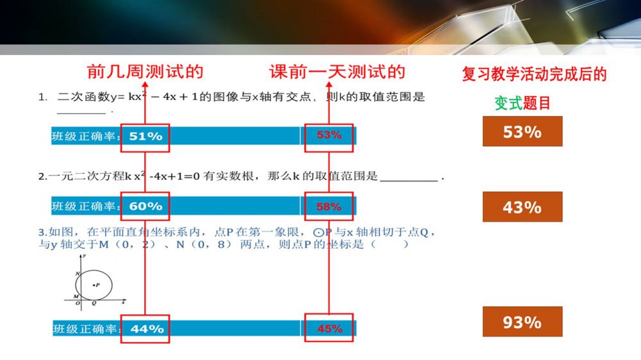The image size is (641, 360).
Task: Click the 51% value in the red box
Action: pyautogui.click(x=146, y=136)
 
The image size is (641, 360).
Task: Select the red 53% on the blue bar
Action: pyautogui.click(x=329, y=135)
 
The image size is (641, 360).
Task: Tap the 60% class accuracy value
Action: pyautogui.click(x=146, y=206)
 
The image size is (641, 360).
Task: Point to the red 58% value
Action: pyautogui.click(x=329, y=207)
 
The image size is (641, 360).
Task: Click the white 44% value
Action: pyautogui.click(x=147, y=329)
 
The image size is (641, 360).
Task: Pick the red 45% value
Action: pyautogui.click(x=330, y=329)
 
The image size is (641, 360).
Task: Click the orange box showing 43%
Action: pyautogui.click(x=522, y=207)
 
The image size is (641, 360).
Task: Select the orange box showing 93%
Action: pyautogui.click(x=522, y=322)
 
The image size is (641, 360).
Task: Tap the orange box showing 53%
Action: pyautogui.click(x=522, y=131)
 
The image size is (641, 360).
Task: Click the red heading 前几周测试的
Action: pyautogui.click(x=145, y=72)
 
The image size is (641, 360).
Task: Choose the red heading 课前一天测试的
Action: pyautogui.click(x=337, y=72)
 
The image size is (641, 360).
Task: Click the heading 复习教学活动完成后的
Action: pyautogui.click(x=535, y=74)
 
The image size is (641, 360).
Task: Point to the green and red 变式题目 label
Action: pyautogui.click(x=522, y=103)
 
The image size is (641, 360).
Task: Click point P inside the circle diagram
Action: pyautogui.click(x=94, y=285)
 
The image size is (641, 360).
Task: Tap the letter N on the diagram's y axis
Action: pyautogui.click(x=78, y=274)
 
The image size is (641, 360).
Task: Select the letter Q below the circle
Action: pyautogui.click(x=94, y=303)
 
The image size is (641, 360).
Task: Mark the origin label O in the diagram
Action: pyautogui.click(x=78, y=303)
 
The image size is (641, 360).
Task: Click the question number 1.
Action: pyautogui.click(x=42, y=97)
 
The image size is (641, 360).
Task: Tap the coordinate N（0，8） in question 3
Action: pyautogui.click(x=204, y=245)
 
